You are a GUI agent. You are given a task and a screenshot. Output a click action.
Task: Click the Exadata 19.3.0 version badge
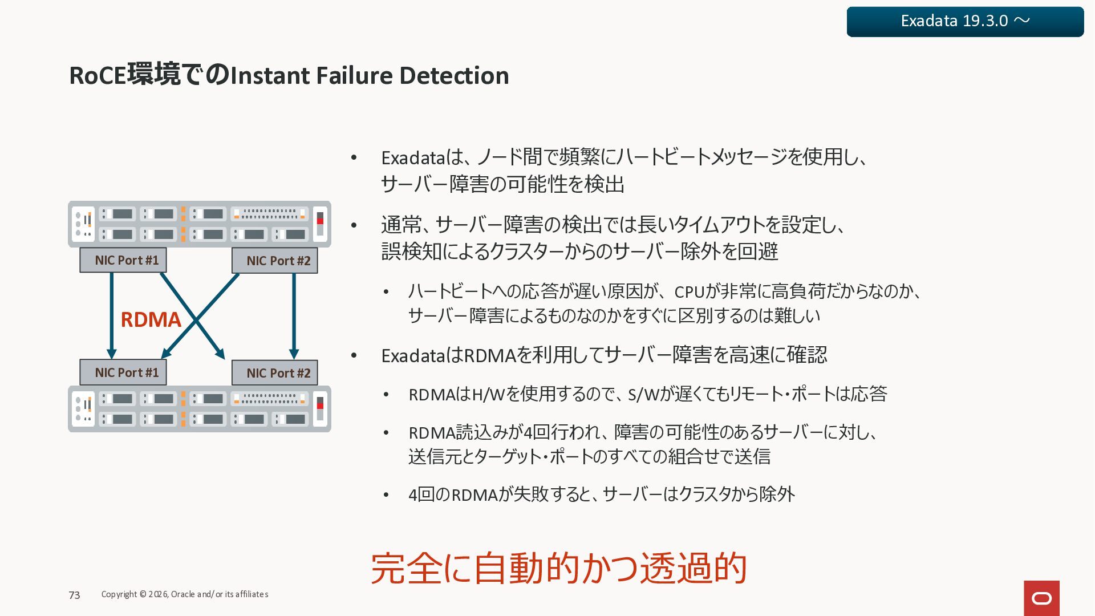(x=965, y=22)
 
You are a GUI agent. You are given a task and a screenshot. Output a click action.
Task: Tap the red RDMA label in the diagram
(x=151, y=320)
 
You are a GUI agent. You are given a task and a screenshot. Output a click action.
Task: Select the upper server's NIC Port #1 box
(x=123, y=260)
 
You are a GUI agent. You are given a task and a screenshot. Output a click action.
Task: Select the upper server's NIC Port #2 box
(x=275, y=261)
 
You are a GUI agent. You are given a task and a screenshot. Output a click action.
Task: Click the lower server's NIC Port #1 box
(x=123, y=372)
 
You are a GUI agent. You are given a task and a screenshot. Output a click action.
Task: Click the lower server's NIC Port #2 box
(x=275, y=373)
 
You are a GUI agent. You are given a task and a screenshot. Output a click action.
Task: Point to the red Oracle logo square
(x=1041, y=598)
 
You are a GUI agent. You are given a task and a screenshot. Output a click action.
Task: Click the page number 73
(x=74, y=595)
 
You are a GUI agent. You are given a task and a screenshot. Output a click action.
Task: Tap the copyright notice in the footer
(x=185, y=594)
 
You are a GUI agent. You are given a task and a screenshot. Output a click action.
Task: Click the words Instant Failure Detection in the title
(x=370, y=76)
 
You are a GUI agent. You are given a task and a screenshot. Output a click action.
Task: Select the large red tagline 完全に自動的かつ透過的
(x=559, y=568)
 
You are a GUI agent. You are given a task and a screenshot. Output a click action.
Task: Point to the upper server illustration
(x=200, y=224)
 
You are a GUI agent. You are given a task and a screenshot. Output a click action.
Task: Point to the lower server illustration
(x=200, y=409)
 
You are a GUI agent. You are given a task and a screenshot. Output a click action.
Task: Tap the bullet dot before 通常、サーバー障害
(x=354, y=225)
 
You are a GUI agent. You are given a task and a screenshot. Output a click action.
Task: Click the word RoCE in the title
(x=97, y=76)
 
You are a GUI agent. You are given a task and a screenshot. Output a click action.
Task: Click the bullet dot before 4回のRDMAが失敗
(x=386, y=495)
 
